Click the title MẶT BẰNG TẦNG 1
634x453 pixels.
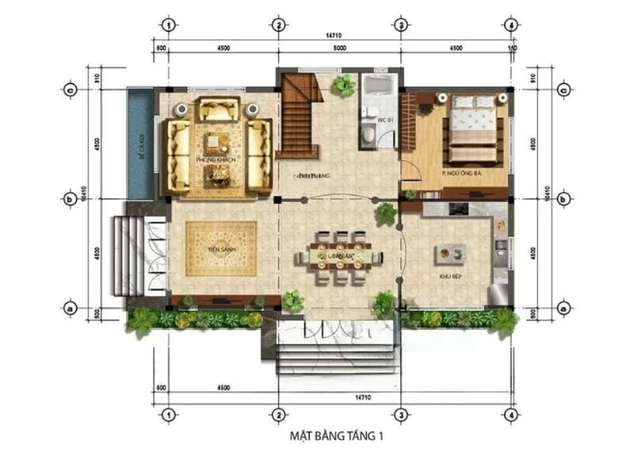point(338,435)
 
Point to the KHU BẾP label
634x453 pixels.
point(451,275)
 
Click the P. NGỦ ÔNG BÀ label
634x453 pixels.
point(462,172)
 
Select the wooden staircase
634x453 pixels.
point(300,119)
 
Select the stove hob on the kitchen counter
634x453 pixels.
point(458,209)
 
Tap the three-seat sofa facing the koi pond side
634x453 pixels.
point(178,157)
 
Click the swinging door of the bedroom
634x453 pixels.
point(409,170)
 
